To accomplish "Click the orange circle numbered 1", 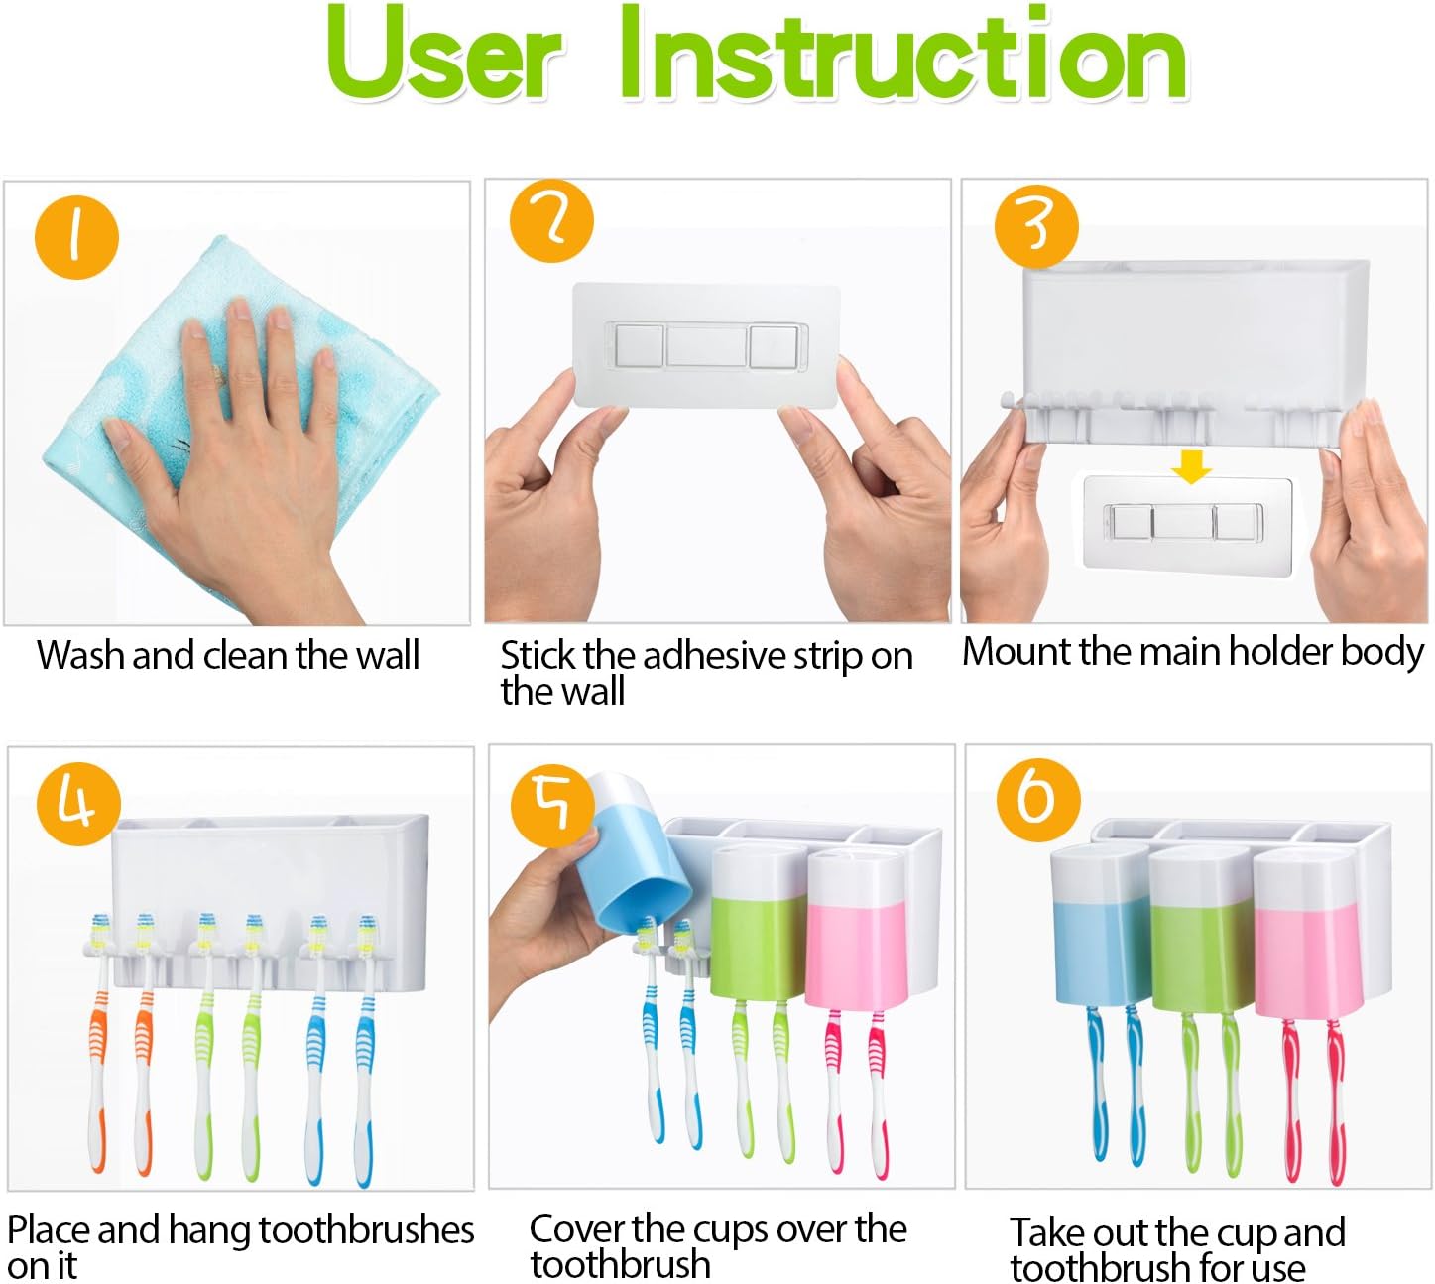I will tap(76, 237).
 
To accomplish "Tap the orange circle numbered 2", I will tap(551, 220).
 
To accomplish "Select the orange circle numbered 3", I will tap(1035, 225).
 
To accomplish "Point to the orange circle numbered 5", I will tap(551, 803).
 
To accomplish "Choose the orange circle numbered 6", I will tap(1037, 800).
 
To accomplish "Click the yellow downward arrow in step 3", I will tap(1190, 465).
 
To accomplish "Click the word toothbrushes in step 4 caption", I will tap(366, 1229).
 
